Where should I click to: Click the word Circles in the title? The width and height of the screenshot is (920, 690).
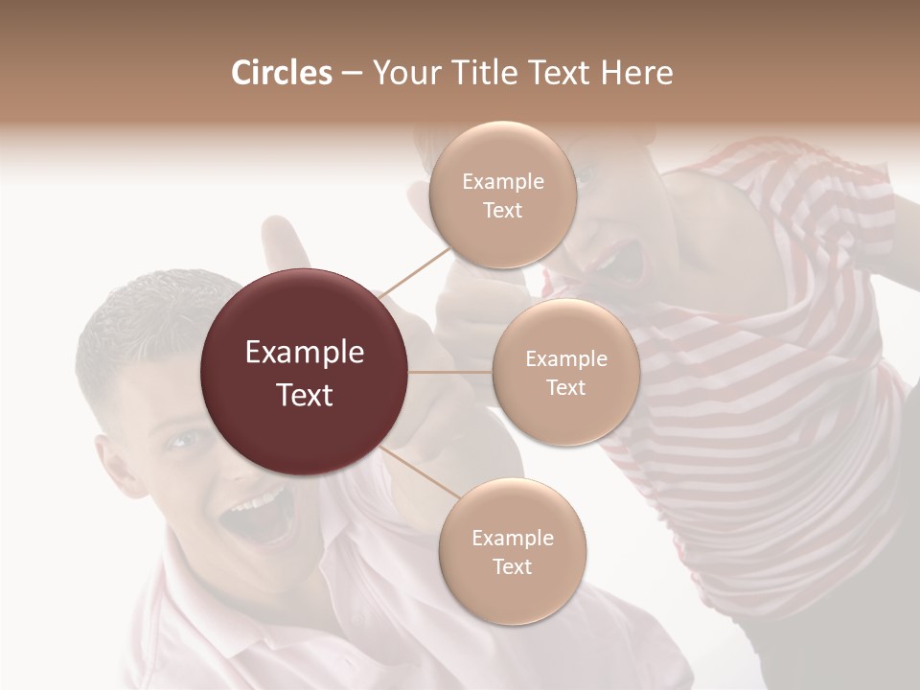[x=282, y=73]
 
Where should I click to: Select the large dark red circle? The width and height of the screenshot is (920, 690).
[x=304, y=373]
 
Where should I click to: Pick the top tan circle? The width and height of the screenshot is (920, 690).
[x=502, y=195]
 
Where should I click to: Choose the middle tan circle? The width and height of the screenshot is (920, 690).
[x=565, y=373]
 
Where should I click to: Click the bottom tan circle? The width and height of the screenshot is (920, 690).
[x=512, y=552]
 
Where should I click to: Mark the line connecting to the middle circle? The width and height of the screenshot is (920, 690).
[x=450, y=372]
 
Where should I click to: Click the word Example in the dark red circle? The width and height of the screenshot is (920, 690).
[x=304, y=353]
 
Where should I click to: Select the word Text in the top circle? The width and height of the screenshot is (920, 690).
[x=502, y=211]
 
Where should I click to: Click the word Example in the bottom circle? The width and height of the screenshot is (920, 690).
[x=512, y=538]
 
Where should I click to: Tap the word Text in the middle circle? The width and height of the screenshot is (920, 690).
[x=565, y=388]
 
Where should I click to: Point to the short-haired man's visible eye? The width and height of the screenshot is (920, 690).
[x=182, y=440]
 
